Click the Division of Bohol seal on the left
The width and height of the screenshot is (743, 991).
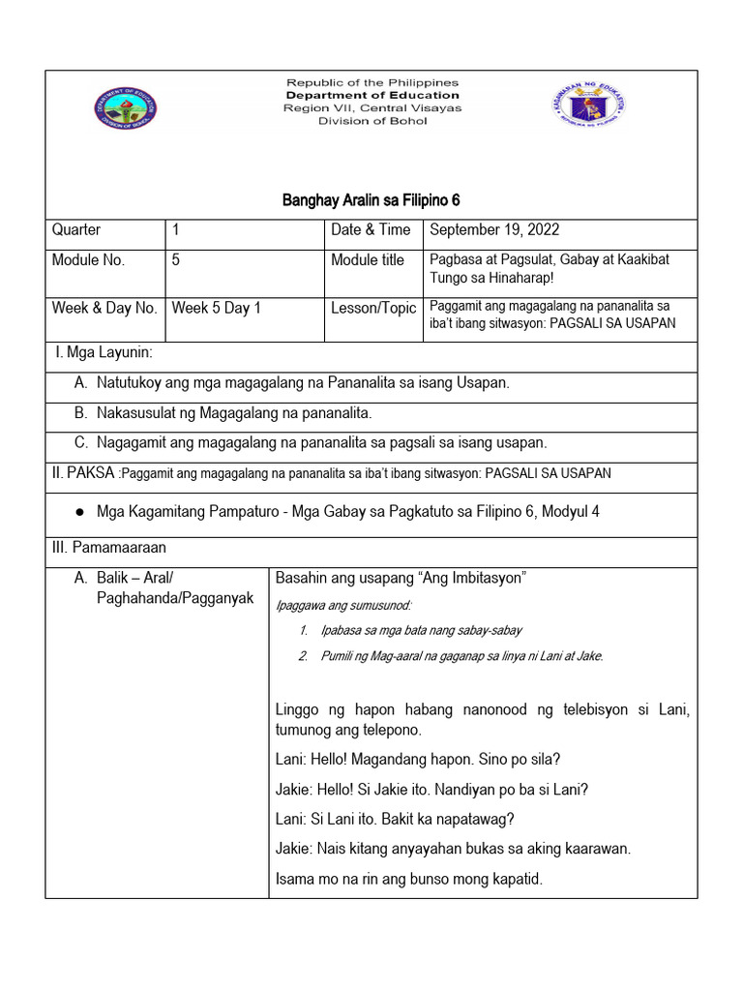(x=125, y=108)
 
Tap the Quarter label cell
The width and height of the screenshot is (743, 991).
(x=76, y=230)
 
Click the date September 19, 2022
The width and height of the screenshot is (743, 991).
(x=494, y=230)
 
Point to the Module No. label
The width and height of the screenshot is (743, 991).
(x=88, y=260)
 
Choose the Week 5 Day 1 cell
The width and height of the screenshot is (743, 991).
(x=217, y=309)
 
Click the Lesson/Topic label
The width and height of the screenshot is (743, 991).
(x=373, y=309)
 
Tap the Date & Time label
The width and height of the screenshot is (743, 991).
(x=371, y=230)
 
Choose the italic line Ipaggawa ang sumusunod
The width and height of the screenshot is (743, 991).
(x=343, y=606)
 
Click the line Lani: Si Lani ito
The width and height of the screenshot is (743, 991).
(x=395, y=819)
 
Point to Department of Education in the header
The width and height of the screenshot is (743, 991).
(x=372, y=96)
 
